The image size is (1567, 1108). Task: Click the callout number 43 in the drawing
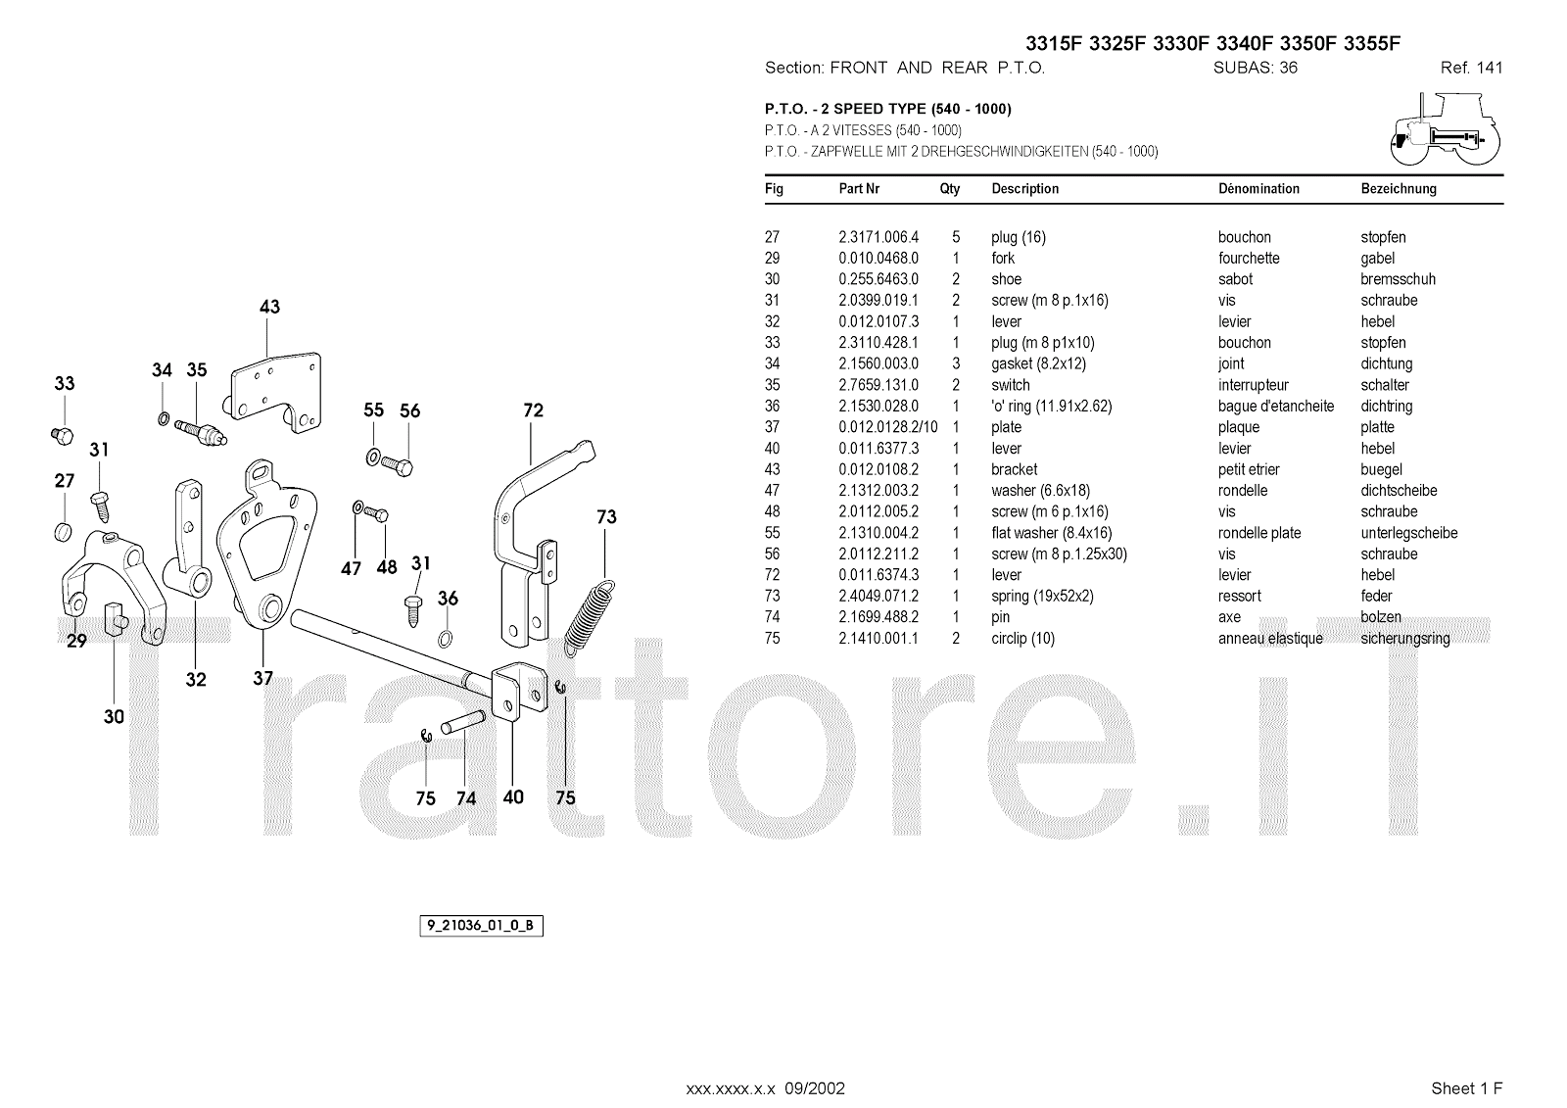pos(269,307)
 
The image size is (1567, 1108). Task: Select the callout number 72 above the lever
pos(533,410)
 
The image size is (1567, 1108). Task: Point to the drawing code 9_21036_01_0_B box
pos(481,926)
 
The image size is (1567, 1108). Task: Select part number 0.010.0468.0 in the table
pos(878,259)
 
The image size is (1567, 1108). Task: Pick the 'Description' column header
pos(1024,189)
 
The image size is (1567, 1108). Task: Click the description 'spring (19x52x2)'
pos(1042,596)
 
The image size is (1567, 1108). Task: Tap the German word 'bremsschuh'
pos(1398,279)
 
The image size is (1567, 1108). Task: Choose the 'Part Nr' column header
pos(859,189)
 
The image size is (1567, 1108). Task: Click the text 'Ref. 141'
pos(1471,69)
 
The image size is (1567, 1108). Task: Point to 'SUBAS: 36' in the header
pos(1255,69)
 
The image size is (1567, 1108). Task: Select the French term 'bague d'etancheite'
pos(1275,407)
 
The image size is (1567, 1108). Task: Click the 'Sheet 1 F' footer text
pos(1466,1088)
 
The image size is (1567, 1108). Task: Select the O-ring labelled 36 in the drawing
pos(446,640)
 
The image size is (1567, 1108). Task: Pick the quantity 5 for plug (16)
pos(956,237)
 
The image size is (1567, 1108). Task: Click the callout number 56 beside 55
pos(409,411)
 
